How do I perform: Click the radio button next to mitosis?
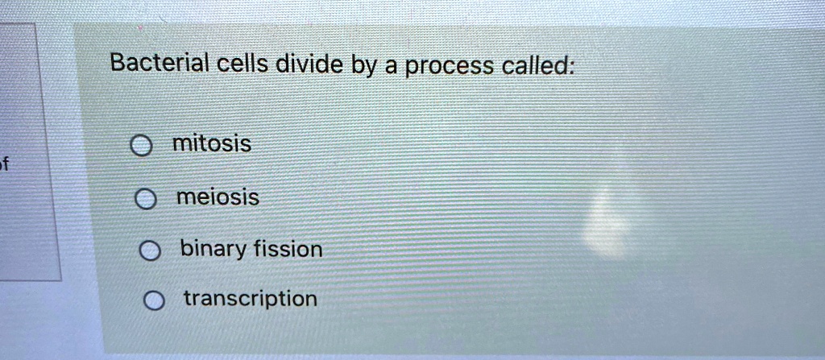(x=141, y=147)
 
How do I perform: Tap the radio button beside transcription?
(x=152, y=302)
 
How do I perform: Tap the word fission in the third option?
(x=288, y=249)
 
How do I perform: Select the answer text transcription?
(x=251, y=300)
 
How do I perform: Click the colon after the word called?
(x=572, y=68)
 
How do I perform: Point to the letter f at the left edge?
(x=4, y=166)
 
